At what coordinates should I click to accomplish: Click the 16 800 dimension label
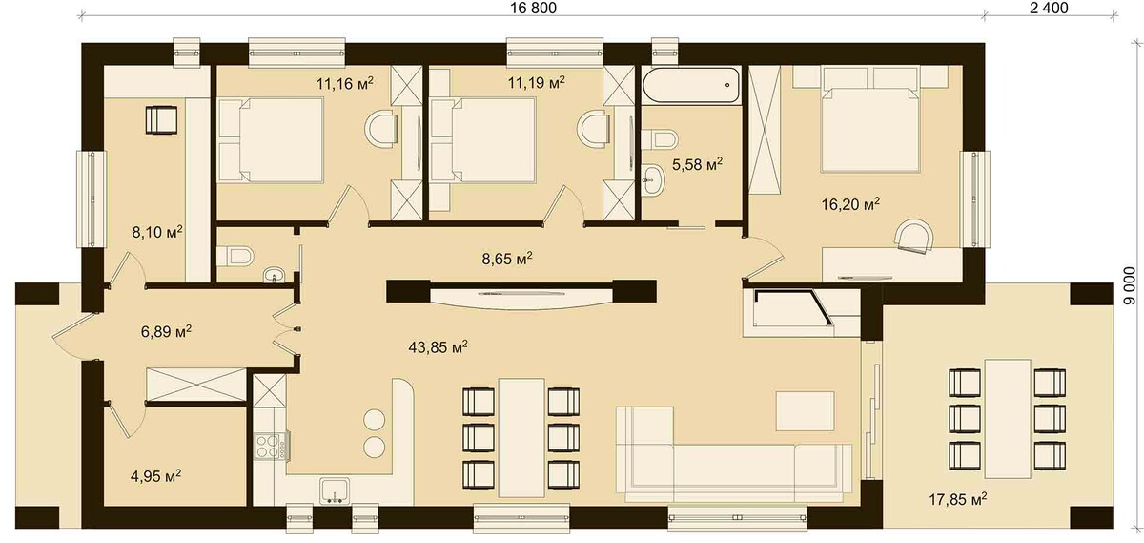(533, 9)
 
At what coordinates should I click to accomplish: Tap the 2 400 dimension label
(1049, 9)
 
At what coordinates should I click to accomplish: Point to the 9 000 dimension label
(1134, 287)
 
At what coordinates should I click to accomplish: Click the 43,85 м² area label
(439, 347)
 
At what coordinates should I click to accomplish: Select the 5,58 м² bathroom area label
(697, 164)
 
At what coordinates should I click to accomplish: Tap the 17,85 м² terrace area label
(957, 498)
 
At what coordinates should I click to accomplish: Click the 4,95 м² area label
(156, 476)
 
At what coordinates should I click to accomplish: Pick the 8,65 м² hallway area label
(507, 259)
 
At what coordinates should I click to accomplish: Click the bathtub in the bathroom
(691, 86)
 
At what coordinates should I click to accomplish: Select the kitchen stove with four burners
(269, 446)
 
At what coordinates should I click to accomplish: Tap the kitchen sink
(335, 490)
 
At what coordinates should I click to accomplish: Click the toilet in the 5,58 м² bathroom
(660, 139)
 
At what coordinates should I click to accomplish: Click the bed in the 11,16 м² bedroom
(271, 139)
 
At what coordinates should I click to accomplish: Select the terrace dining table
(1008, 418)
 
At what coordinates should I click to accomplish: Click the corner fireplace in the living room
(792, 312)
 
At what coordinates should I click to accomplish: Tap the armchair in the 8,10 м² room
(161, 119)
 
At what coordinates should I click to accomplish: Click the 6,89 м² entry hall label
(166, 331)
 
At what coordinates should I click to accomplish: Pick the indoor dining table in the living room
(521, 438)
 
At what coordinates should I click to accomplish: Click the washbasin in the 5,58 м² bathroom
(653, 180)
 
